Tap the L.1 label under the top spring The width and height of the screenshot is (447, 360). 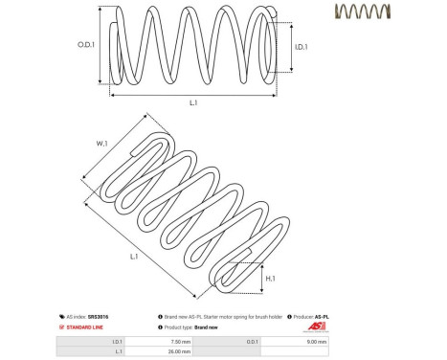coord(192,101)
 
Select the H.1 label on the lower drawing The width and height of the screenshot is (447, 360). coord(271,278)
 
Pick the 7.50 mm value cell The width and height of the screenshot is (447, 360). coord(180,341)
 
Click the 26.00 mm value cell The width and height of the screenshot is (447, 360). coord(180,351)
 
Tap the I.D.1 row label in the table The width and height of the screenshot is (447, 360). coord(117,341)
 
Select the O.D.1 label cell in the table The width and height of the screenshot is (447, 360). coord(251,341)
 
